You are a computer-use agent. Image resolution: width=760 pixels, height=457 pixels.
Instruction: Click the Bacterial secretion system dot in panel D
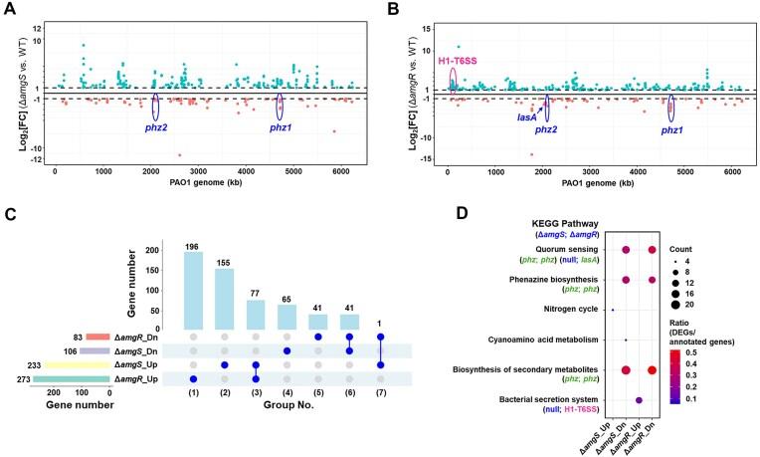pyautogui.click(x=639, y=399)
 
